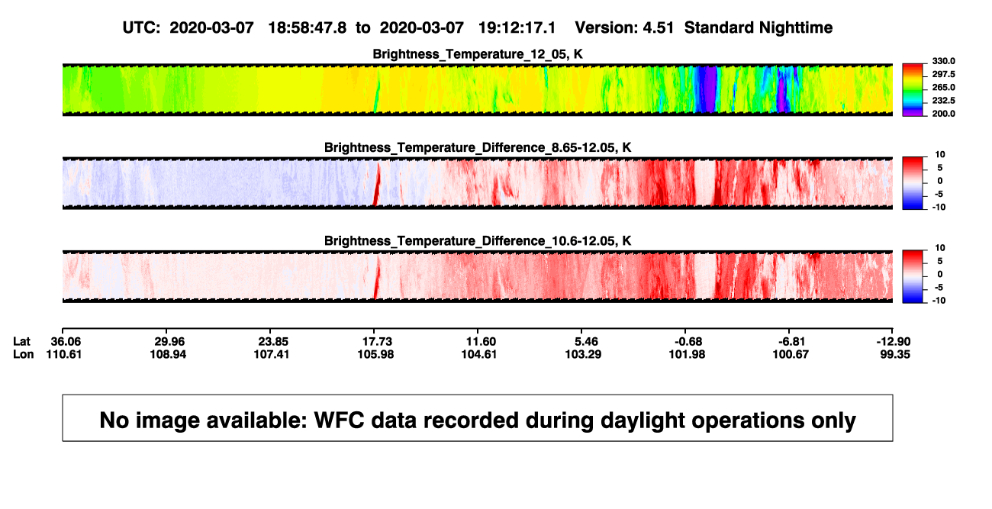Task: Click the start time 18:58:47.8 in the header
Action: click(x=308, y=27)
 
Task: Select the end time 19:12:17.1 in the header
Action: click(x=517, y=27)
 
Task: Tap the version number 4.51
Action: click(x=658, y=27)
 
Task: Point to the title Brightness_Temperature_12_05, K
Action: click(x=478, y=54)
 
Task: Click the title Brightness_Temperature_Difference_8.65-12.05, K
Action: click(x=478, y=147)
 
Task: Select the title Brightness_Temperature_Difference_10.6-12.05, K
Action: click(x=478, y=241)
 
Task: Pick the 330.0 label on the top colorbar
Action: click(x=943, y=61)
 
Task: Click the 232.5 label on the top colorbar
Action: click(x=943, y=101)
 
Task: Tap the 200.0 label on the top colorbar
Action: click(x=943, y=114)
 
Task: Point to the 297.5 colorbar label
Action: click(x=943, y=75)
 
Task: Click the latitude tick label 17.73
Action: click(x=377, y=342)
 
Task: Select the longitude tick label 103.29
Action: click(x=583, y=354)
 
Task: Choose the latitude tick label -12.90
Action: click(x=894, y=342)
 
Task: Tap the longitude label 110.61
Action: click(x=64, y=354)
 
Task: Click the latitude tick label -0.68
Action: click(x=688, y=342)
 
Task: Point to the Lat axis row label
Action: click(x=21, y=342)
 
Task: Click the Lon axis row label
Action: click(x=24, y=354)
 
